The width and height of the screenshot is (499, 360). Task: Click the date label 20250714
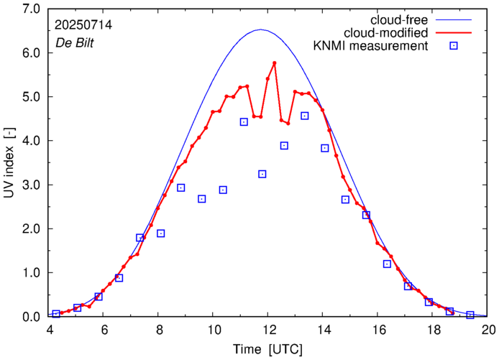point(83,24)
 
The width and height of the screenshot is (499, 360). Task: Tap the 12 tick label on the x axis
point(269,330)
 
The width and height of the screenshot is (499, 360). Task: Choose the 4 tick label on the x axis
point(50,330)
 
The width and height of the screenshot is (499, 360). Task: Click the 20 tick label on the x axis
point(487,330)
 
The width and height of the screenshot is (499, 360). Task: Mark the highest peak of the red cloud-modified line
point(275,63)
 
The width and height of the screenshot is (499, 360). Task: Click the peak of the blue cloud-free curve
point(260,30)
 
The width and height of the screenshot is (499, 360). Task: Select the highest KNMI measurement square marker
point(305,116)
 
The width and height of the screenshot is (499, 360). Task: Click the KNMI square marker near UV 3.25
point(262,174)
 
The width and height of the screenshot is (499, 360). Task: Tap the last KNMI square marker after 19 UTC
point(470,315)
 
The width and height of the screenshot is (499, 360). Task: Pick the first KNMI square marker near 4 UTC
point(56,314)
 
